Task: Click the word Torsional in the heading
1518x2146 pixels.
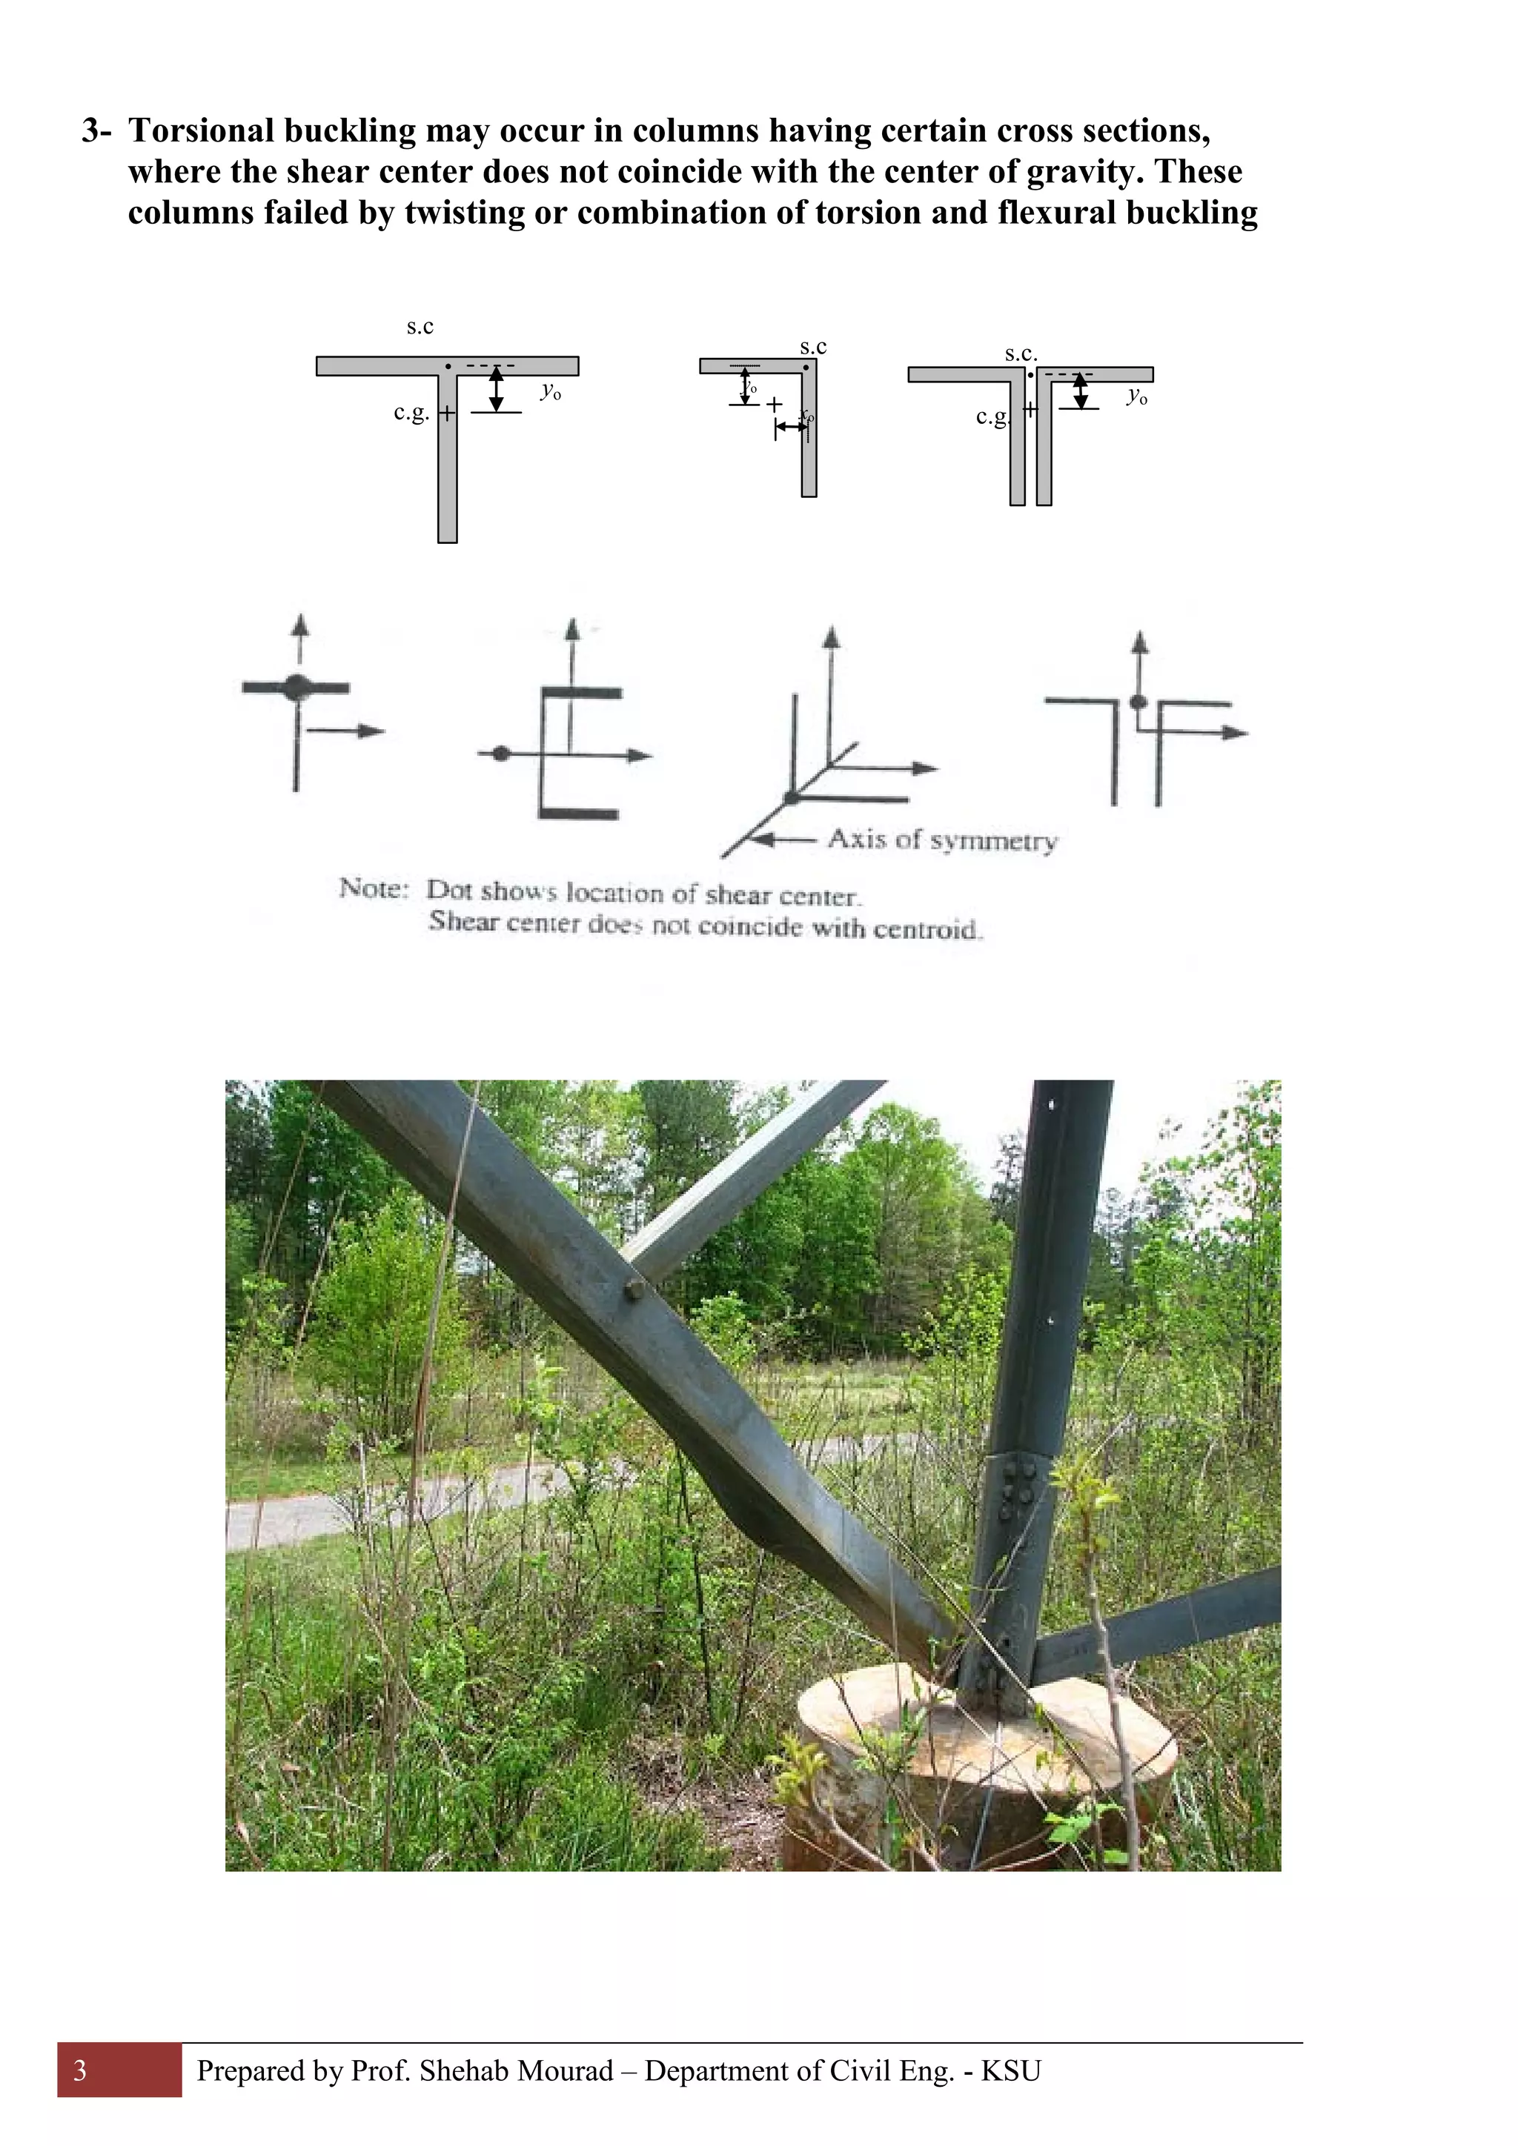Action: click(201, 131)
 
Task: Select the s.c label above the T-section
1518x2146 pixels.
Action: click(420, 327)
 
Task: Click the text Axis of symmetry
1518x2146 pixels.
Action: click(942, 840)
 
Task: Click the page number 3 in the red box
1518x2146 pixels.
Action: click(80, 2071)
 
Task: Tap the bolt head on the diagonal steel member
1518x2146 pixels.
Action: click(634, 1292)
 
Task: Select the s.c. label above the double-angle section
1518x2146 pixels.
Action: click(1021, 353)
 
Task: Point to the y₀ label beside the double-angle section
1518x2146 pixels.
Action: click(1136, 396)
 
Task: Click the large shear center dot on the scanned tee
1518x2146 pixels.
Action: click(297, 687)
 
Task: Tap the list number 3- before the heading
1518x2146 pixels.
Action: click(96, 131)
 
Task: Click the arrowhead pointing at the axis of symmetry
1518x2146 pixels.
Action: click(763, 840)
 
